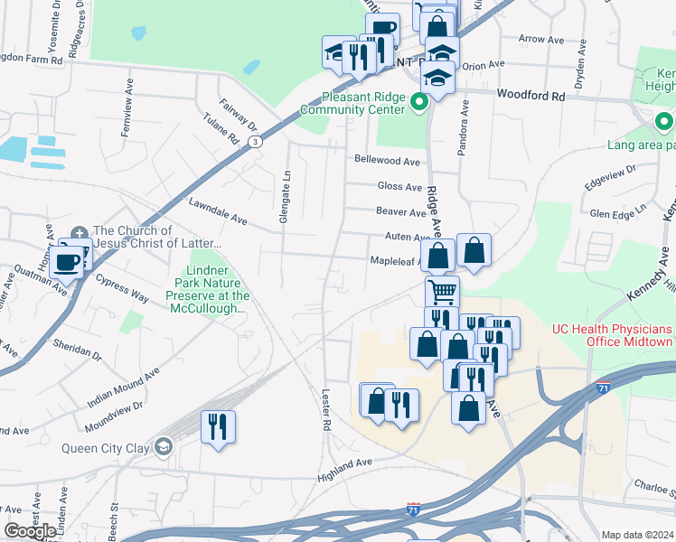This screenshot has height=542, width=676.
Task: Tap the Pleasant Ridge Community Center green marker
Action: point(418,102)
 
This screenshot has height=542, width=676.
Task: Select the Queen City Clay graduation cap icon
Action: point(163,447)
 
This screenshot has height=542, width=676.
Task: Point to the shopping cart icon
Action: point(442,292)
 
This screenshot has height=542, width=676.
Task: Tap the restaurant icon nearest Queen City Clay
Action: point(218,425)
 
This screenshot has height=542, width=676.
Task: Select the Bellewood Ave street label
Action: point(388,161)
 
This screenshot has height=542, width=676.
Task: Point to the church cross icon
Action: point(79,231)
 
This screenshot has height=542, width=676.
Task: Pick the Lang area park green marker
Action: point(664,121)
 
